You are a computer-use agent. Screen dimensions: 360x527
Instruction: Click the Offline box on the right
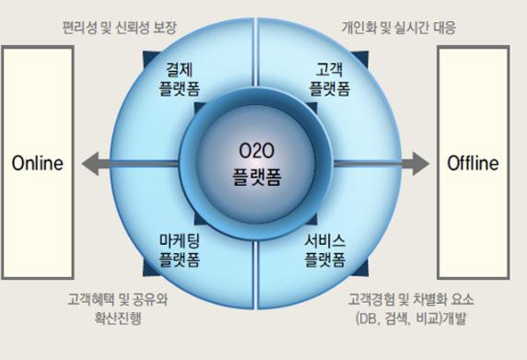(x=472, y=164)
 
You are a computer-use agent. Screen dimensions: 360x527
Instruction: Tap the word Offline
(x=472, y=164)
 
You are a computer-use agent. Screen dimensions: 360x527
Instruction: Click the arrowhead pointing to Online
(x=89, y=164)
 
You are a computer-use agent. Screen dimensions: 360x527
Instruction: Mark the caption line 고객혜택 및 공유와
(x=119, y=300)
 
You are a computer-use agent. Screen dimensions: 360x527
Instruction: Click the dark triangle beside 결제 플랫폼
(x=146, y=57)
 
